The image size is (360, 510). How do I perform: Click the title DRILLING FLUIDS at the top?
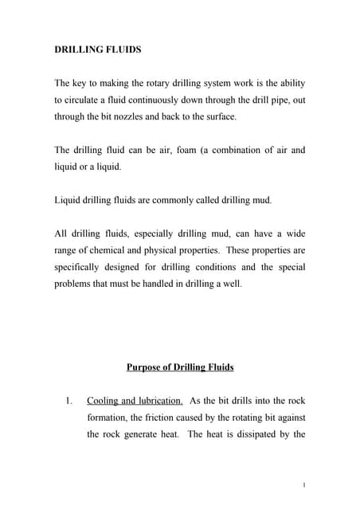pyautogui.click(x=97, y=49)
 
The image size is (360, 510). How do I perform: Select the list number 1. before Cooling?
pyautogui.click(x=69, y=400)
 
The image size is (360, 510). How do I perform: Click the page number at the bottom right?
pyautogui.click(x=305, y=484)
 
